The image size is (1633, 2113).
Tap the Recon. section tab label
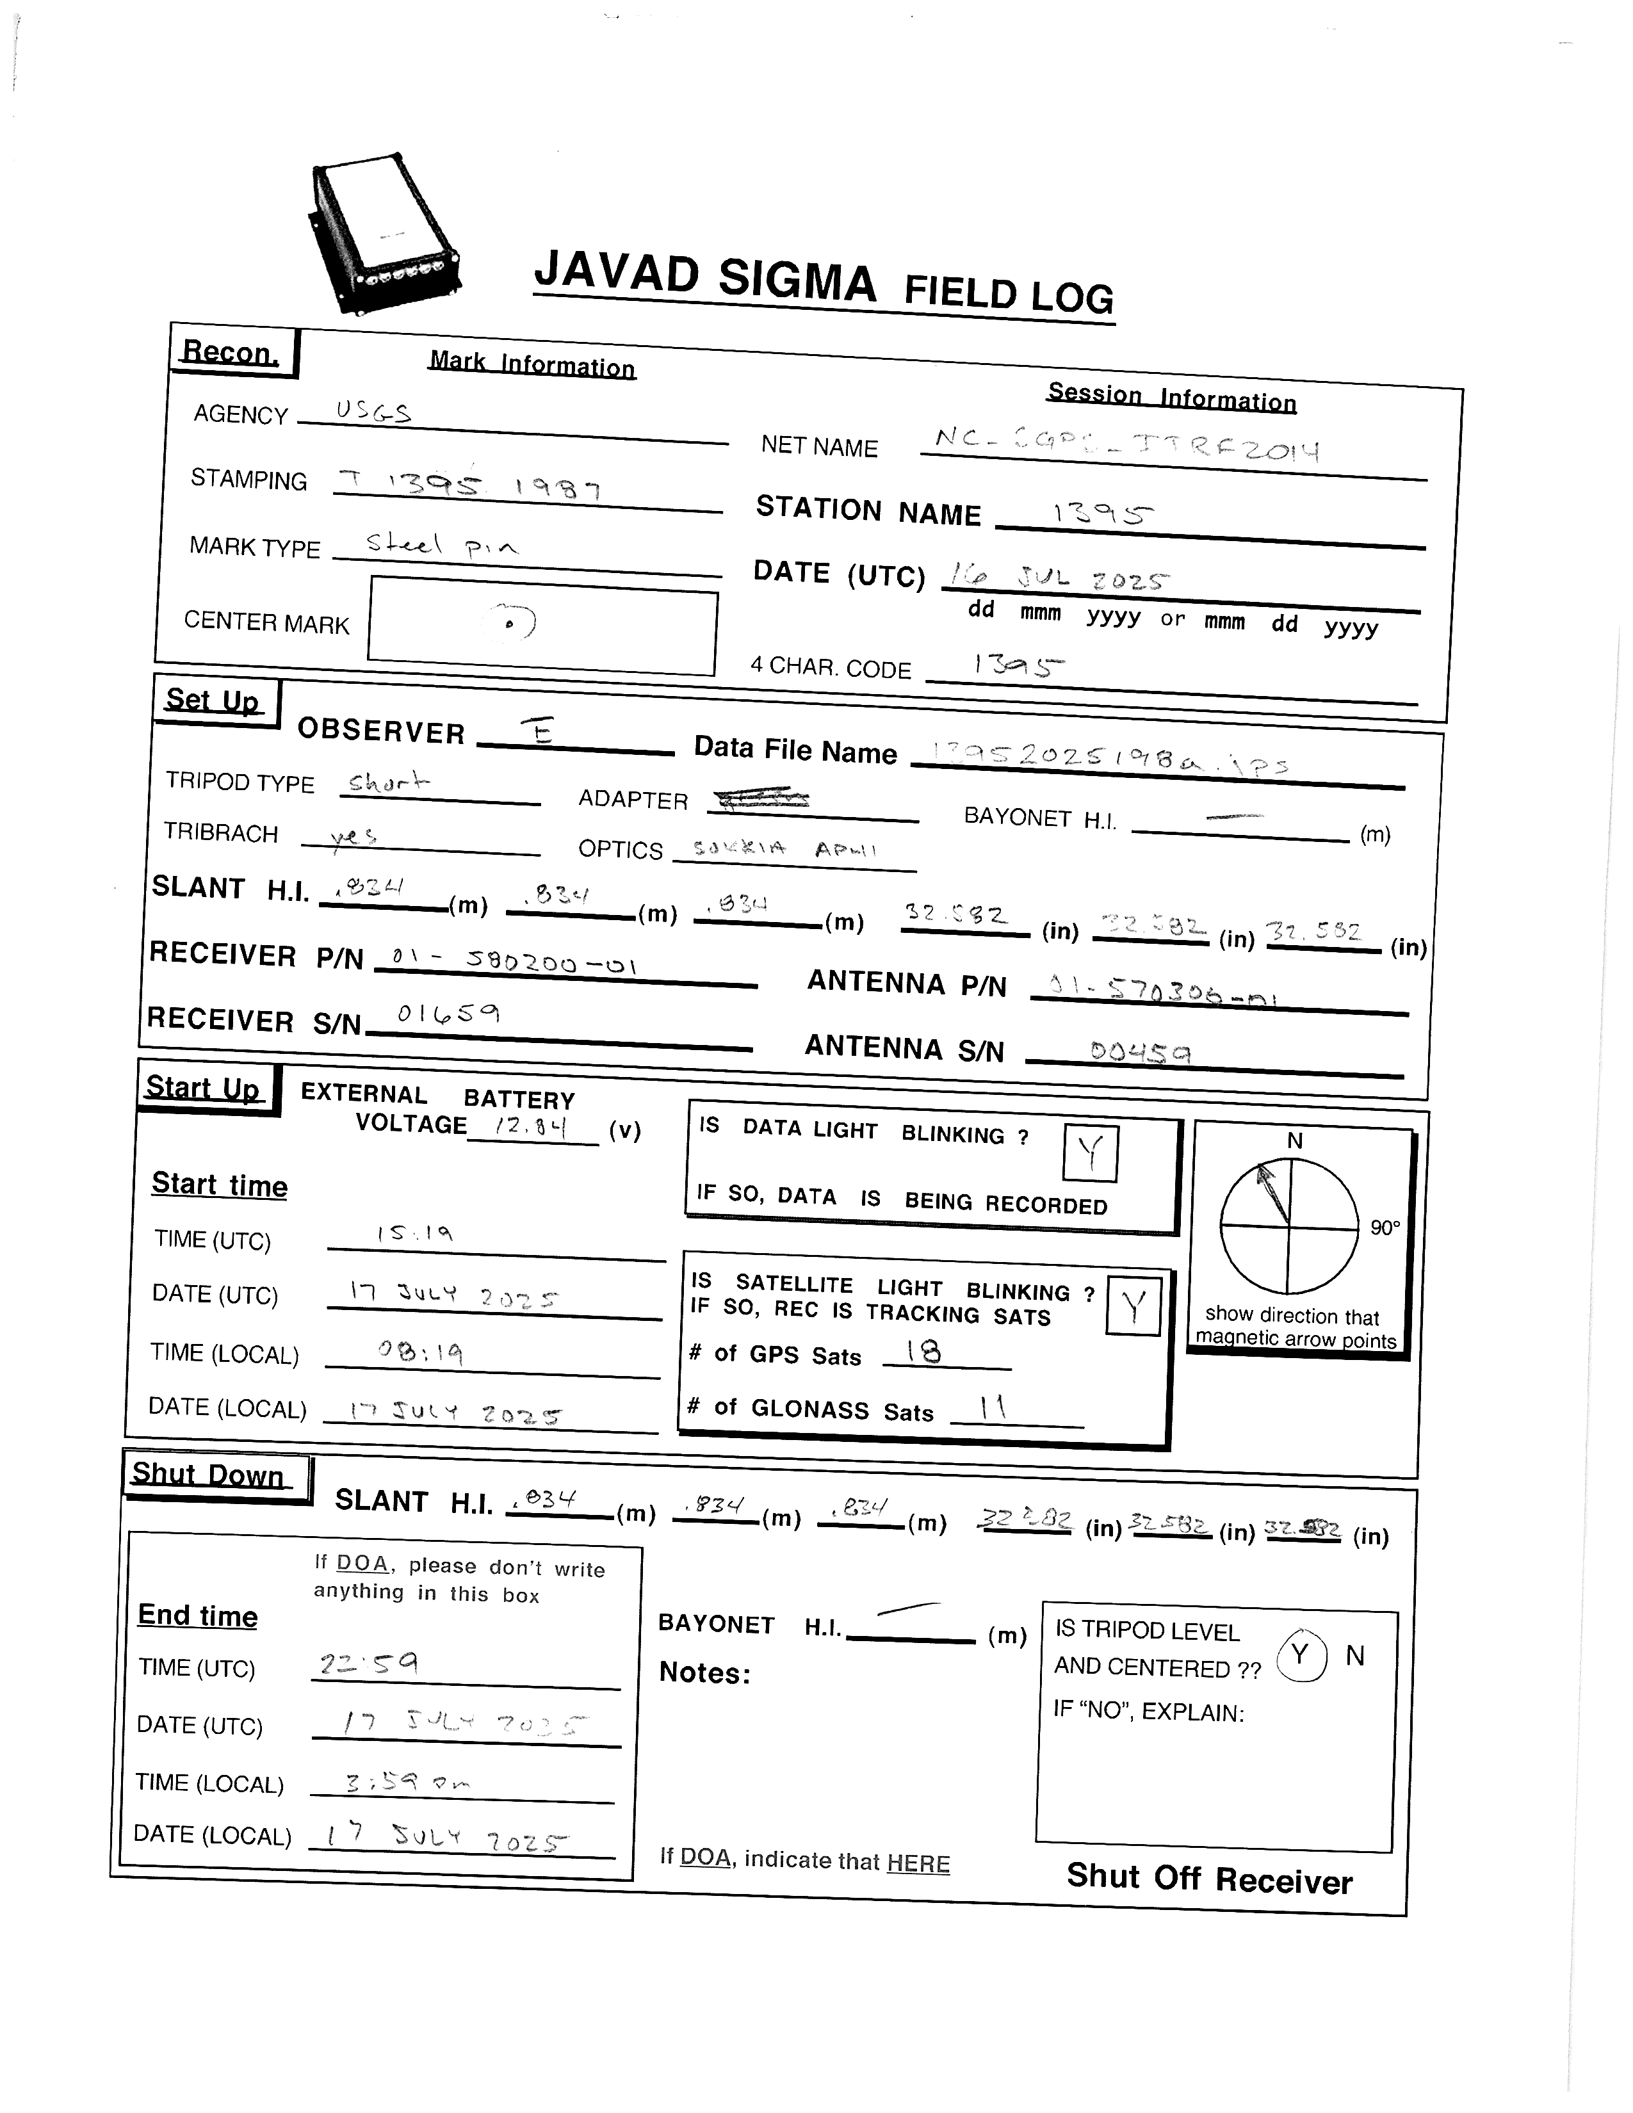(x=231, y=352)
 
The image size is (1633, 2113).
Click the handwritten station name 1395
(x=1103, y=514)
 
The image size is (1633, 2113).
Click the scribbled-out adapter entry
(x=760, y=799)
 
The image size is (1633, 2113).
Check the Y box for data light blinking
(x=1091, y=1153)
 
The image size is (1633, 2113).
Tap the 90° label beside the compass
(x=1385, y=1227)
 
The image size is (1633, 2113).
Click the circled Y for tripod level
(x=1301, y=1655)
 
